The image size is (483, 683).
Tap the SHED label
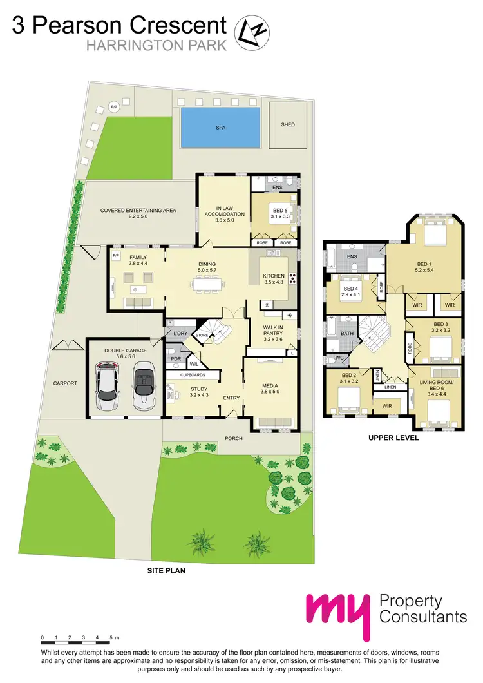(x=287, y=124)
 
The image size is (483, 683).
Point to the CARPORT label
(x=65, y=383)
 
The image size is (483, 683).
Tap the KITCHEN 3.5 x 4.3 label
(x=274, y=279)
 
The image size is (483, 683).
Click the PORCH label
(x=233, y=438)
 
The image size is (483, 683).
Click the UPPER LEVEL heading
(x=393, y=438)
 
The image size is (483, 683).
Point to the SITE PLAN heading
(x=166, y=570)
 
